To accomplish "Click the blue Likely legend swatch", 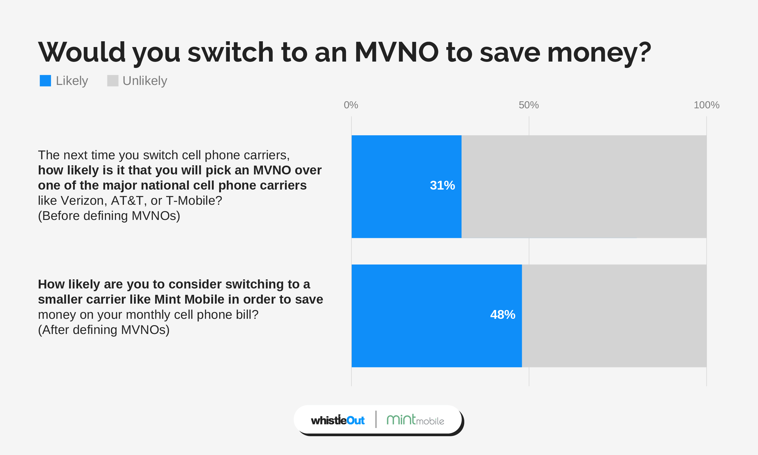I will pyautogui.click(x=45, y=81).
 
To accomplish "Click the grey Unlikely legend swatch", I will pyautogui.click(x=113, y=81).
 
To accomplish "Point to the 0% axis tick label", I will pyautogui.click(x=351, y=105).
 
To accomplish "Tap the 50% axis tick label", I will pyautogui.click(x=528, y=105).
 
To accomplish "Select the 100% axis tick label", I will pyautogui.click(x=706, y=105).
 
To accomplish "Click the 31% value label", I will pyautogui.click(x=442, y=185).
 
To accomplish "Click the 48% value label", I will pyautogui.click(x=502, y=315).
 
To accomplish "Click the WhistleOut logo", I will pyautogui.click(x=338, y=420).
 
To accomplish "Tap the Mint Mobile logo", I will pyautogui.click(x=415, y=420).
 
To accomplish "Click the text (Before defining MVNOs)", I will pyautogui.click(x=109, y=216).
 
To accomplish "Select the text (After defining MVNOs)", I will pyautogui.click(x=104, y=330).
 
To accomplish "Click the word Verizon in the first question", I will pyautogui.click(x=84, y=201).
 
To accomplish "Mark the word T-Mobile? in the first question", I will pyautogui.click(x=194, y=201).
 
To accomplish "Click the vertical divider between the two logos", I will pyautogui.click(x=376, y=420).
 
